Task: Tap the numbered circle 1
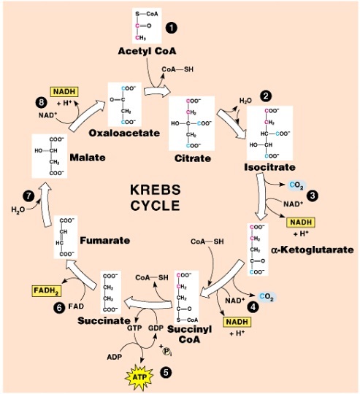(172, 27)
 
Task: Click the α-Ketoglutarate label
(312, 250)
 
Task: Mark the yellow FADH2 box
(45, 290)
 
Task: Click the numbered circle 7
(28, 196)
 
